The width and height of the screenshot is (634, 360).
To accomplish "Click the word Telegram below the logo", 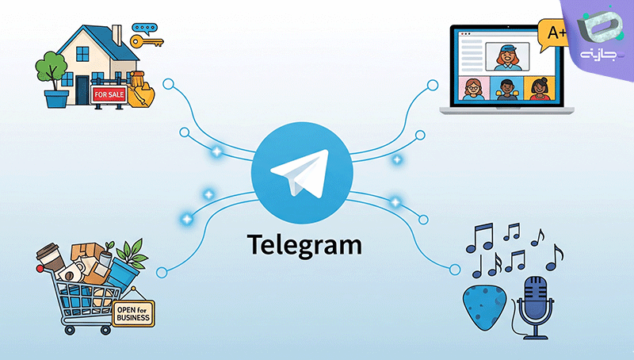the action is click(x=304, y=245).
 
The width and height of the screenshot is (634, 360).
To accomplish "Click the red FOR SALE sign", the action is click(x=109, y=94).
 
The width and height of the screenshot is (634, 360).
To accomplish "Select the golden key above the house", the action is click(x=147, y=41).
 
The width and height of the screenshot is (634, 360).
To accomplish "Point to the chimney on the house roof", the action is click(x=116, y=35).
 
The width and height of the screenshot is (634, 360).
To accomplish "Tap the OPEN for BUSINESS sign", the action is click(x=133, y=313).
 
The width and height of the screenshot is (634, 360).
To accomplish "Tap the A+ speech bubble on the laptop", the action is click(x=554, y=34).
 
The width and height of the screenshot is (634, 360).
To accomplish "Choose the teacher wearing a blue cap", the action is click(x=507, y=56).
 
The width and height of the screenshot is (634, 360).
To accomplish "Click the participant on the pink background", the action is click(x=474, y=89).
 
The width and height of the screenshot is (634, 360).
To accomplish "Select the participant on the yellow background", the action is click(x=540, y=89).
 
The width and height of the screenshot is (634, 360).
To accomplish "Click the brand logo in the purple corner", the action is click(x=598, y=36).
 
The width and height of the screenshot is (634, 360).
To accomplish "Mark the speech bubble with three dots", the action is click(x=144, y=29).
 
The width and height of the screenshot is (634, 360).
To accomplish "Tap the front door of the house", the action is click(x=82, y=90).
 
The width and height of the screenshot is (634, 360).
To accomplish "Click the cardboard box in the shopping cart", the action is click(x=86, y=251).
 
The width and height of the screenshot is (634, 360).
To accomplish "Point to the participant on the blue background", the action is click(x=506, y=89).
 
